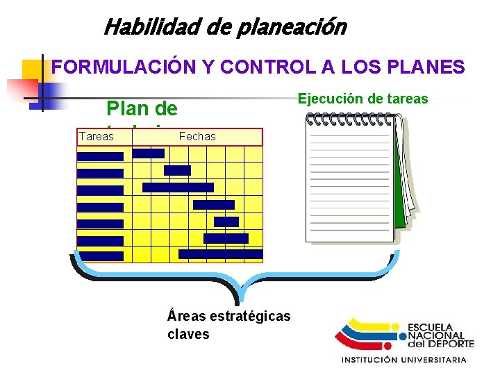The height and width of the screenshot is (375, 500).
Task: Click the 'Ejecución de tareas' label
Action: (x=362, y=99)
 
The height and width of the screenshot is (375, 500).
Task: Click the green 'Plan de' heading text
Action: (x=142, y=109)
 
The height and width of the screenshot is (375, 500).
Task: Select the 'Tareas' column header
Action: (x=97, y=136)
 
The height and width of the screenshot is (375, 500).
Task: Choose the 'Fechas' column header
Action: (x=197, y=136)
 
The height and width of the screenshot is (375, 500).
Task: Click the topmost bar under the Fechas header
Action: (x=148, y=153)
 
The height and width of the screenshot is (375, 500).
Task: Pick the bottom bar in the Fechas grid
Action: (x=221, y=254)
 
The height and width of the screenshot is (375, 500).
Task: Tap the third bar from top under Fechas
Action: (x=178, y=187)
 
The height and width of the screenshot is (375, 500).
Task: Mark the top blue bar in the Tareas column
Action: (x=100, y=156)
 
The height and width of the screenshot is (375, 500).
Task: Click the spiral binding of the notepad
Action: (x=348, y=119)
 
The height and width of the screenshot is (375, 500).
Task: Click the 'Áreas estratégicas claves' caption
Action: (x=228, y=324)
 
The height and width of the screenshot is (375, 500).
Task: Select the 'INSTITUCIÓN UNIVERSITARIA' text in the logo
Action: (x=403, y=360)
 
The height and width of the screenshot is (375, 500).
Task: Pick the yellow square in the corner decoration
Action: (x=33, y=70)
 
